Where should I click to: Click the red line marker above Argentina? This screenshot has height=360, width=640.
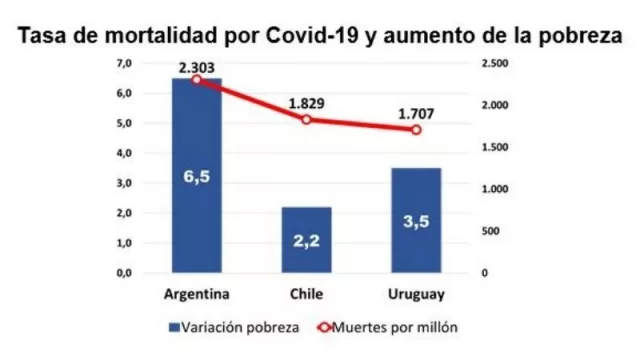tap(197, 79)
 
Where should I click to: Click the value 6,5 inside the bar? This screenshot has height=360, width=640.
tap(197, 176)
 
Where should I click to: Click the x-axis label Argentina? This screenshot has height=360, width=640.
tap(197, 295)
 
